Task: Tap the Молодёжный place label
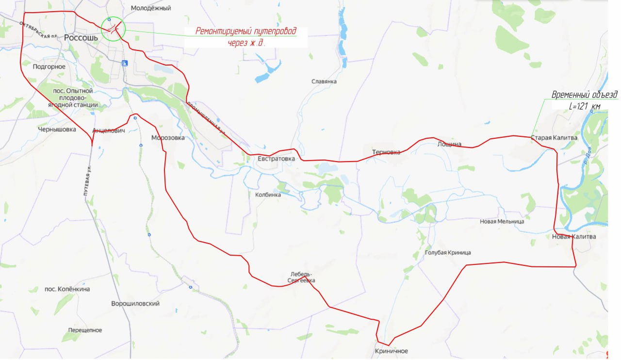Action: click(151, 8)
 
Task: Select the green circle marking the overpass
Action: click(113, 30)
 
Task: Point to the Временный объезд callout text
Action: click(585, 95)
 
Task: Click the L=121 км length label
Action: click(585, 106)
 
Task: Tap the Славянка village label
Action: click(324, 82)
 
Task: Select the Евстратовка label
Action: click(277, 158)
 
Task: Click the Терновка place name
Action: click(386, 152)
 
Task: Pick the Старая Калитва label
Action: click(554, 138)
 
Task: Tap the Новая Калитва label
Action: click(574, 237)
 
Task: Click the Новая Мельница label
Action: click(502, 221)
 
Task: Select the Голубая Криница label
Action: click(448, 253)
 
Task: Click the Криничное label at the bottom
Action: click(392, 351)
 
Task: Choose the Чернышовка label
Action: click(57, 130)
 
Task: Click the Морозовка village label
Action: click(168, 138)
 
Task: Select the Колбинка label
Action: click(268, 195)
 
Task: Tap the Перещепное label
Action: click(85, 330)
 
